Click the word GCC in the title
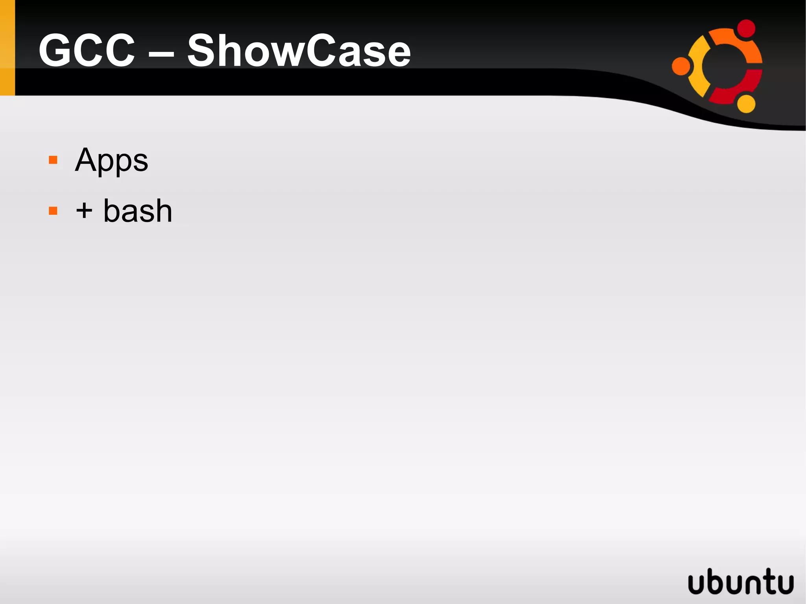(87, 51)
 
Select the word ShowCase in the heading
(299, 51)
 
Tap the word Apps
(111, 161)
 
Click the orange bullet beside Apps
(53, 160)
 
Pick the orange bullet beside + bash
(53, 211)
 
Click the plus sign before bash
(84, 211)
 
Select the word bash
(138, 211)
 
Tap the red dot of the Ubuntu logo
(745, 29)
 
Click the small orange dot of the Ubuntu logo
(681, 66)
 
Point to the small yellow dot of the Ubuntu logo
(745, 103)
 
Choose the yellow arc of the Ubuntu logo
(699, 67)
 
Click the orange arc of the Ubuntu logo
(740, 43)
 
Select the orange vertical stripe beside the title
(7, 48)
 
